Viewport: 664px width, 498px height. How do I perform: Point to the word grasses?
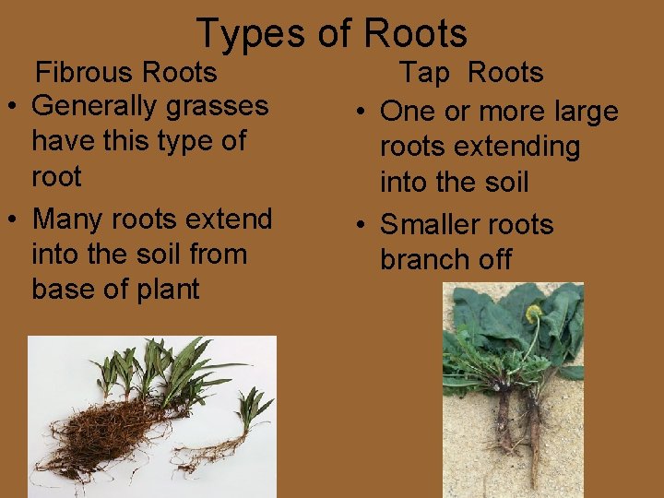point(215,107)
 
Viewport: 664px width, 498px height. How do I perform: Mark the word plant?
point(165,290)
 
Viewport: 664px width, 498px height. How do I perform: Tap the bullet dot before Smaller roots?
point(362,226)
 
